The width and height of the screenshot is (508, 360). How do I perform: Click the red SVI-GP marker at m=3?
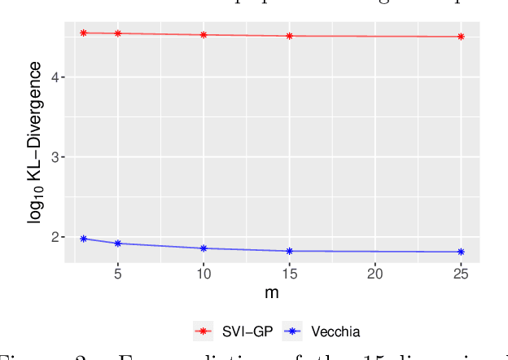click(x=84, y=33)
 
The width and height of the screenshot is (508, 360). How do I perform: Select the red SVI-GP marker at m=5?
click(x=118, y=33)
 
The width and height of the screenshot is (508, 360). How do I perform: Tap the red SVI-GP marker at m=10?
click(x=204, y=35)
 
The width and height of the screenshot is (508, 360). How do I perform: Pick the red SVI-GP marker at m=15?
click(x=290, y=36)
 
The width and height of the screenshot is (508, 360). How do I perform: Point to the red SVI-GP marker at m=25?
click(x=461, y=37)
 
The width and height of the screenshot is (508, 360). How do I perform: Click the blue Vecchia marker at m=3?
click(x=84, y=239)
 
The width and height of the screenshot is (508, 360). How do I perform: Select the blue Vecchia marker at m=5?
click(x=118, y=244)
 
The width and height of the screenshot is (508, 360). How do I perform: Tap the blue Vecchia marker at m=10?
click(x=204, y=248)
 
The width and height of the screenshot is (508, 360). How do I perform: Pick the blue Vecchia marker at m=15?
click(x=290, y=251)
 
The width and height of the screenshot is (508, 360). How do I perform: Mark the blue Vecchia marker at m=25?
click(x=461, y=252)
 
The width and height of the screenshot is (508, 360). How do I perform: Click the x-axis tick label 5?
click(x=118, y=274)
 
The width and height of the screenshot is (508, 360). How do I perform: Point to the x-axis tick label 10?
click(x=204, y=274)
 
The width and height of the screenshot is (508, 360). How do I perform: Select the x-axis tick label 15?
click(x=290, y=274)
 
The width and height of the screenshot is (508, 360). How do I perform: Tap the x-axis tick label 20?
click(x=375, y=274)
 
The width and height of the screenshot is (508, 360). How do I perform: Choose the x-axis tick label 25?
click(x=461, y=274)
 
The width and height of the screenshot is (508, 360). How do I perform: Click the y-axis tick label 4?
click(x=54, y=77)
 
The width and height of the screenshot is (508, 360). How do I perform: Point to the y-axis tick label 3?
click(x=54, y=157)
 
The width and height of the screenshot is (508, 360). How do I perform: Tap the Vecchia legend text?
click(x=335, y=331)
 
